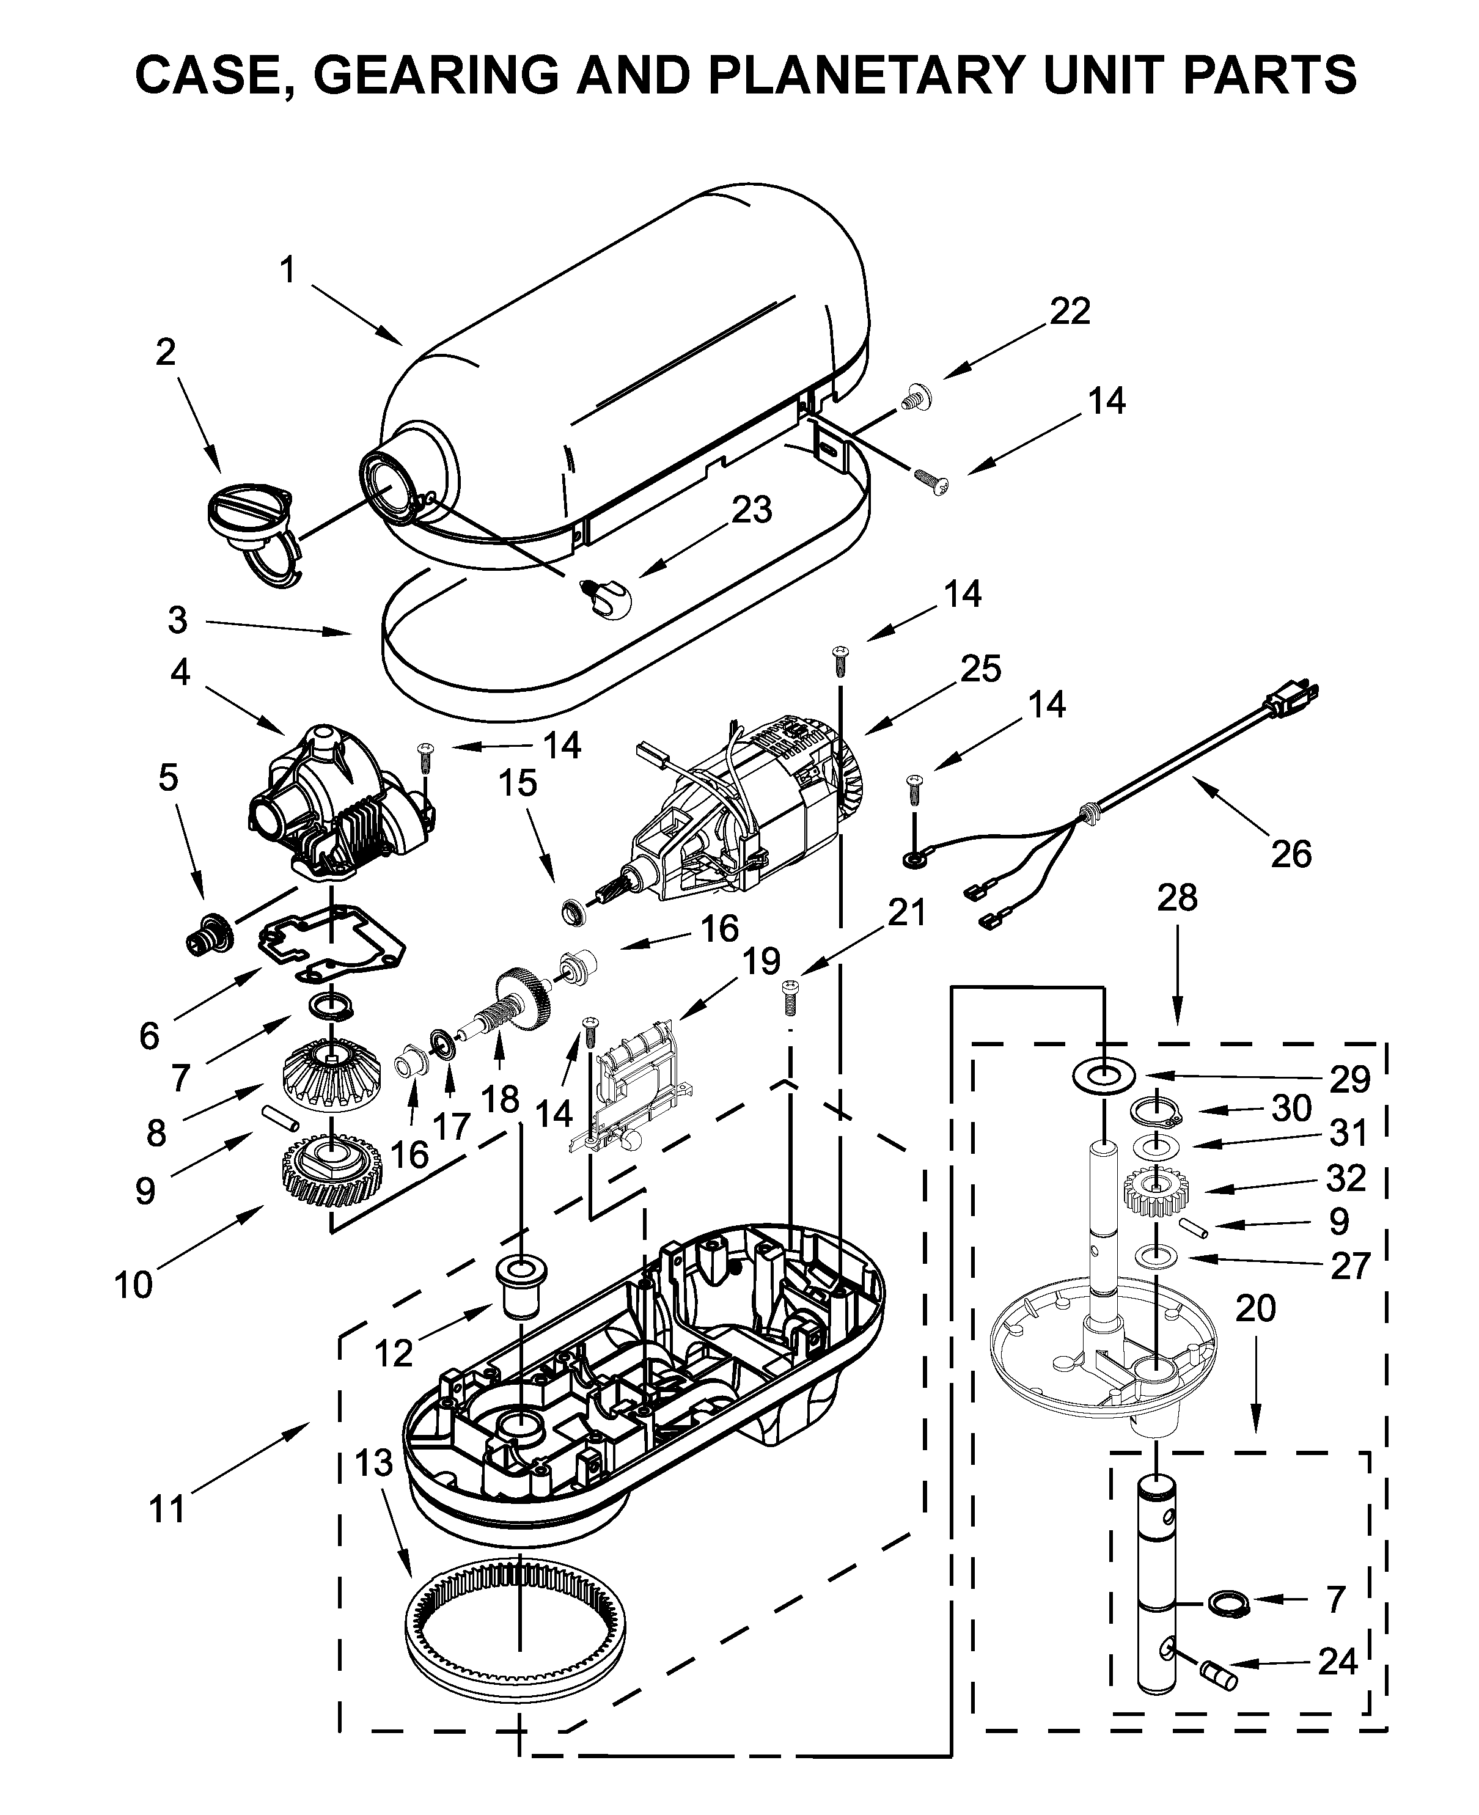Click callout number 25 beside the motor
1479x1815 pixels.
980,669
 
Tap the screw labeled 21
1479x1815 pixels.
789,995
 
